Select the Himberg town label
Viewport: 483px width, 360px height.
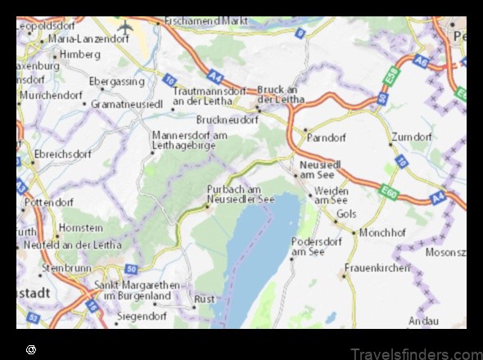(79, 54)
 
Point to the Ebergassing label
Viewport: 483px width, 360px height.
(115, 82)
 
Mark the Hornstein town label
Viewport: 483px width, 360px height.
(80, 228)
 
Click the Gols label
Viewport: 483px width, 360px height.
(346, 214)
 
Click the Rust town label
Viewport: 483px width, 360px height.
(205, 299)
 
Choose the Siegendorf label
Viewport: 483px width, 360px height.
(142, 315)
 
